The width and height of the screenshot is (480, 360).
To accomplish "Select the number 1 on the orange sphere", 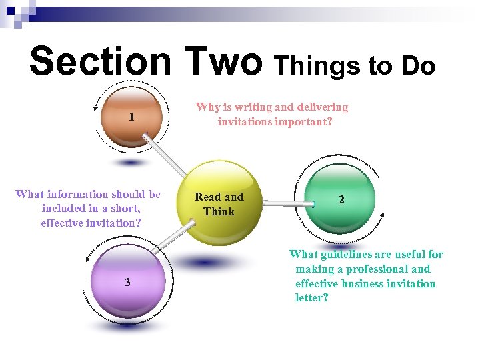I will click(132, 117).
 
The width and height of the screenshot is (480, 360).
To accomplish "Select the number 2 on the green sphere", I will click(341, 199).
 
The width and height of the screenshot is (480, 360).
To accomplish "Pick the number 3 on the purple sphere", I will click(127, 282).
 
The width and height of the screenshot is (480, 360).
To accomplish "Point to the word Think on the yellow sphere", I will click(219, 212).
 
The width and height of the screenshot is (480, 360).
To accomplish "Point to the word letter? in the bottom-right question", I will click(312, 298).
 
